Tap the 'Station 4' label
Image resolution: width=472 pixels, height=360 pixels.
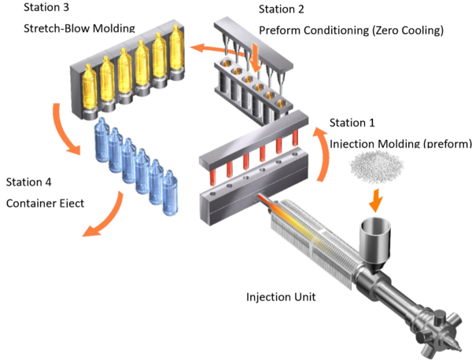click(x=29, y=182)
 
